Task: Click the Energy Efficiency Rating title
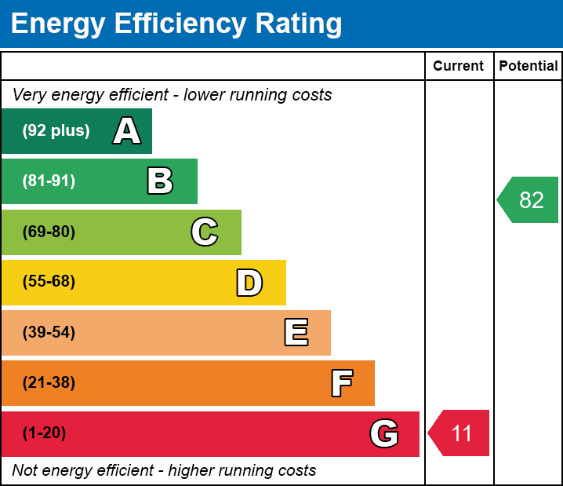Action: [x=176, y=24]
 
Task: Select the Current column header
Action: [x=458, y=67]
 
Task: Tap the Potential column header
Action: [x=528, y=67]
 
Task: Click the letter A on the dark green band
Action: [x=127, y=131]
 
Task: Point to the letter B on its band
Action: [x=160, y=181]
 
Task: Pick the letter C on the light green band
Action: [x=205, y=232]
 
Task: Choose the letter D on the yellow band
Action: [x=249, y=283]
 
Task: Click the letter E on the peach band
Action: [x=296, y=333]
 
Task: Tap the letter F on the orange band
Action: [x=341, y=383]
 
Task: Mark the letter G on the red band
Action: [x=384, y=433]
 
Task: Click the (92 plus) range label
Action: [x=56, y=131]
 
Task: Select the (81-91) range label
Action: [x=49, y=181]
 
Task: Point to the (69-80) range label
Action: [x=49, y=232]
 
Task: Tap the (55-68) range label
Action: [x=49, y=282]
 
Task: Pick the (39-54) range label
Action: [x=49, y=332]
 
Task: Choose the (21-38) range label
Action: [x=49, y=383]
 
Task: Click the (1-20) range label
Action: [x=45, y=433]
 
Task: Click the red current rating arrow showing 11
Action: [x=460, y=433]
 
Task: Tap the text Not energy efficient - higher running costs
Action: [x=164, y=471]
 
